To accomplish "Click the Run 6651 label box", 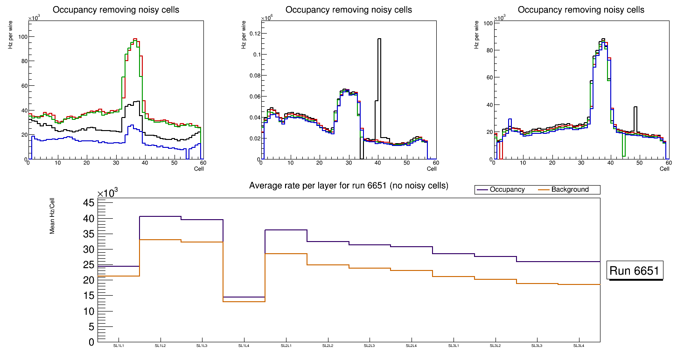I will coord(635,271).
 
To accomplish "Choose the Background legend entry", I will coord(570,190).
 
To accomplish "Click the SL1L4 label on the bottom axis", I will coord(244,346).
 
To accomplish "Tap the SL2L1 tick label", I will coord(286,346).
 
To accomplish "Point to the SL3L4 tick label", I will coord(579,346).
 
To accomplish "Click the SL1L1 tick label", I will coord(119,346).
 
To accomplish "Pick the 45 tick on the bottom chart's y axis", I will coord(89,203).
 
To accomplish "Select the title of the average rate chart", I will coord(349,186).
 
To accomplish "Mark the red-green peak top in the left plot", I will coord(135,40).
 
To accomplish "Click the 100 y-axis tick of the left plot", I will coord(20,37).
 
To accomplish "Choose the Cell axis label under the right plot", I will coord(664,169).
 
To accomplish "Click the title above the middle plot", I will coord(349,10).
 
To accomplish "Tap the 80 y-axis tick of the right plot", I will coord(487,50).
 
